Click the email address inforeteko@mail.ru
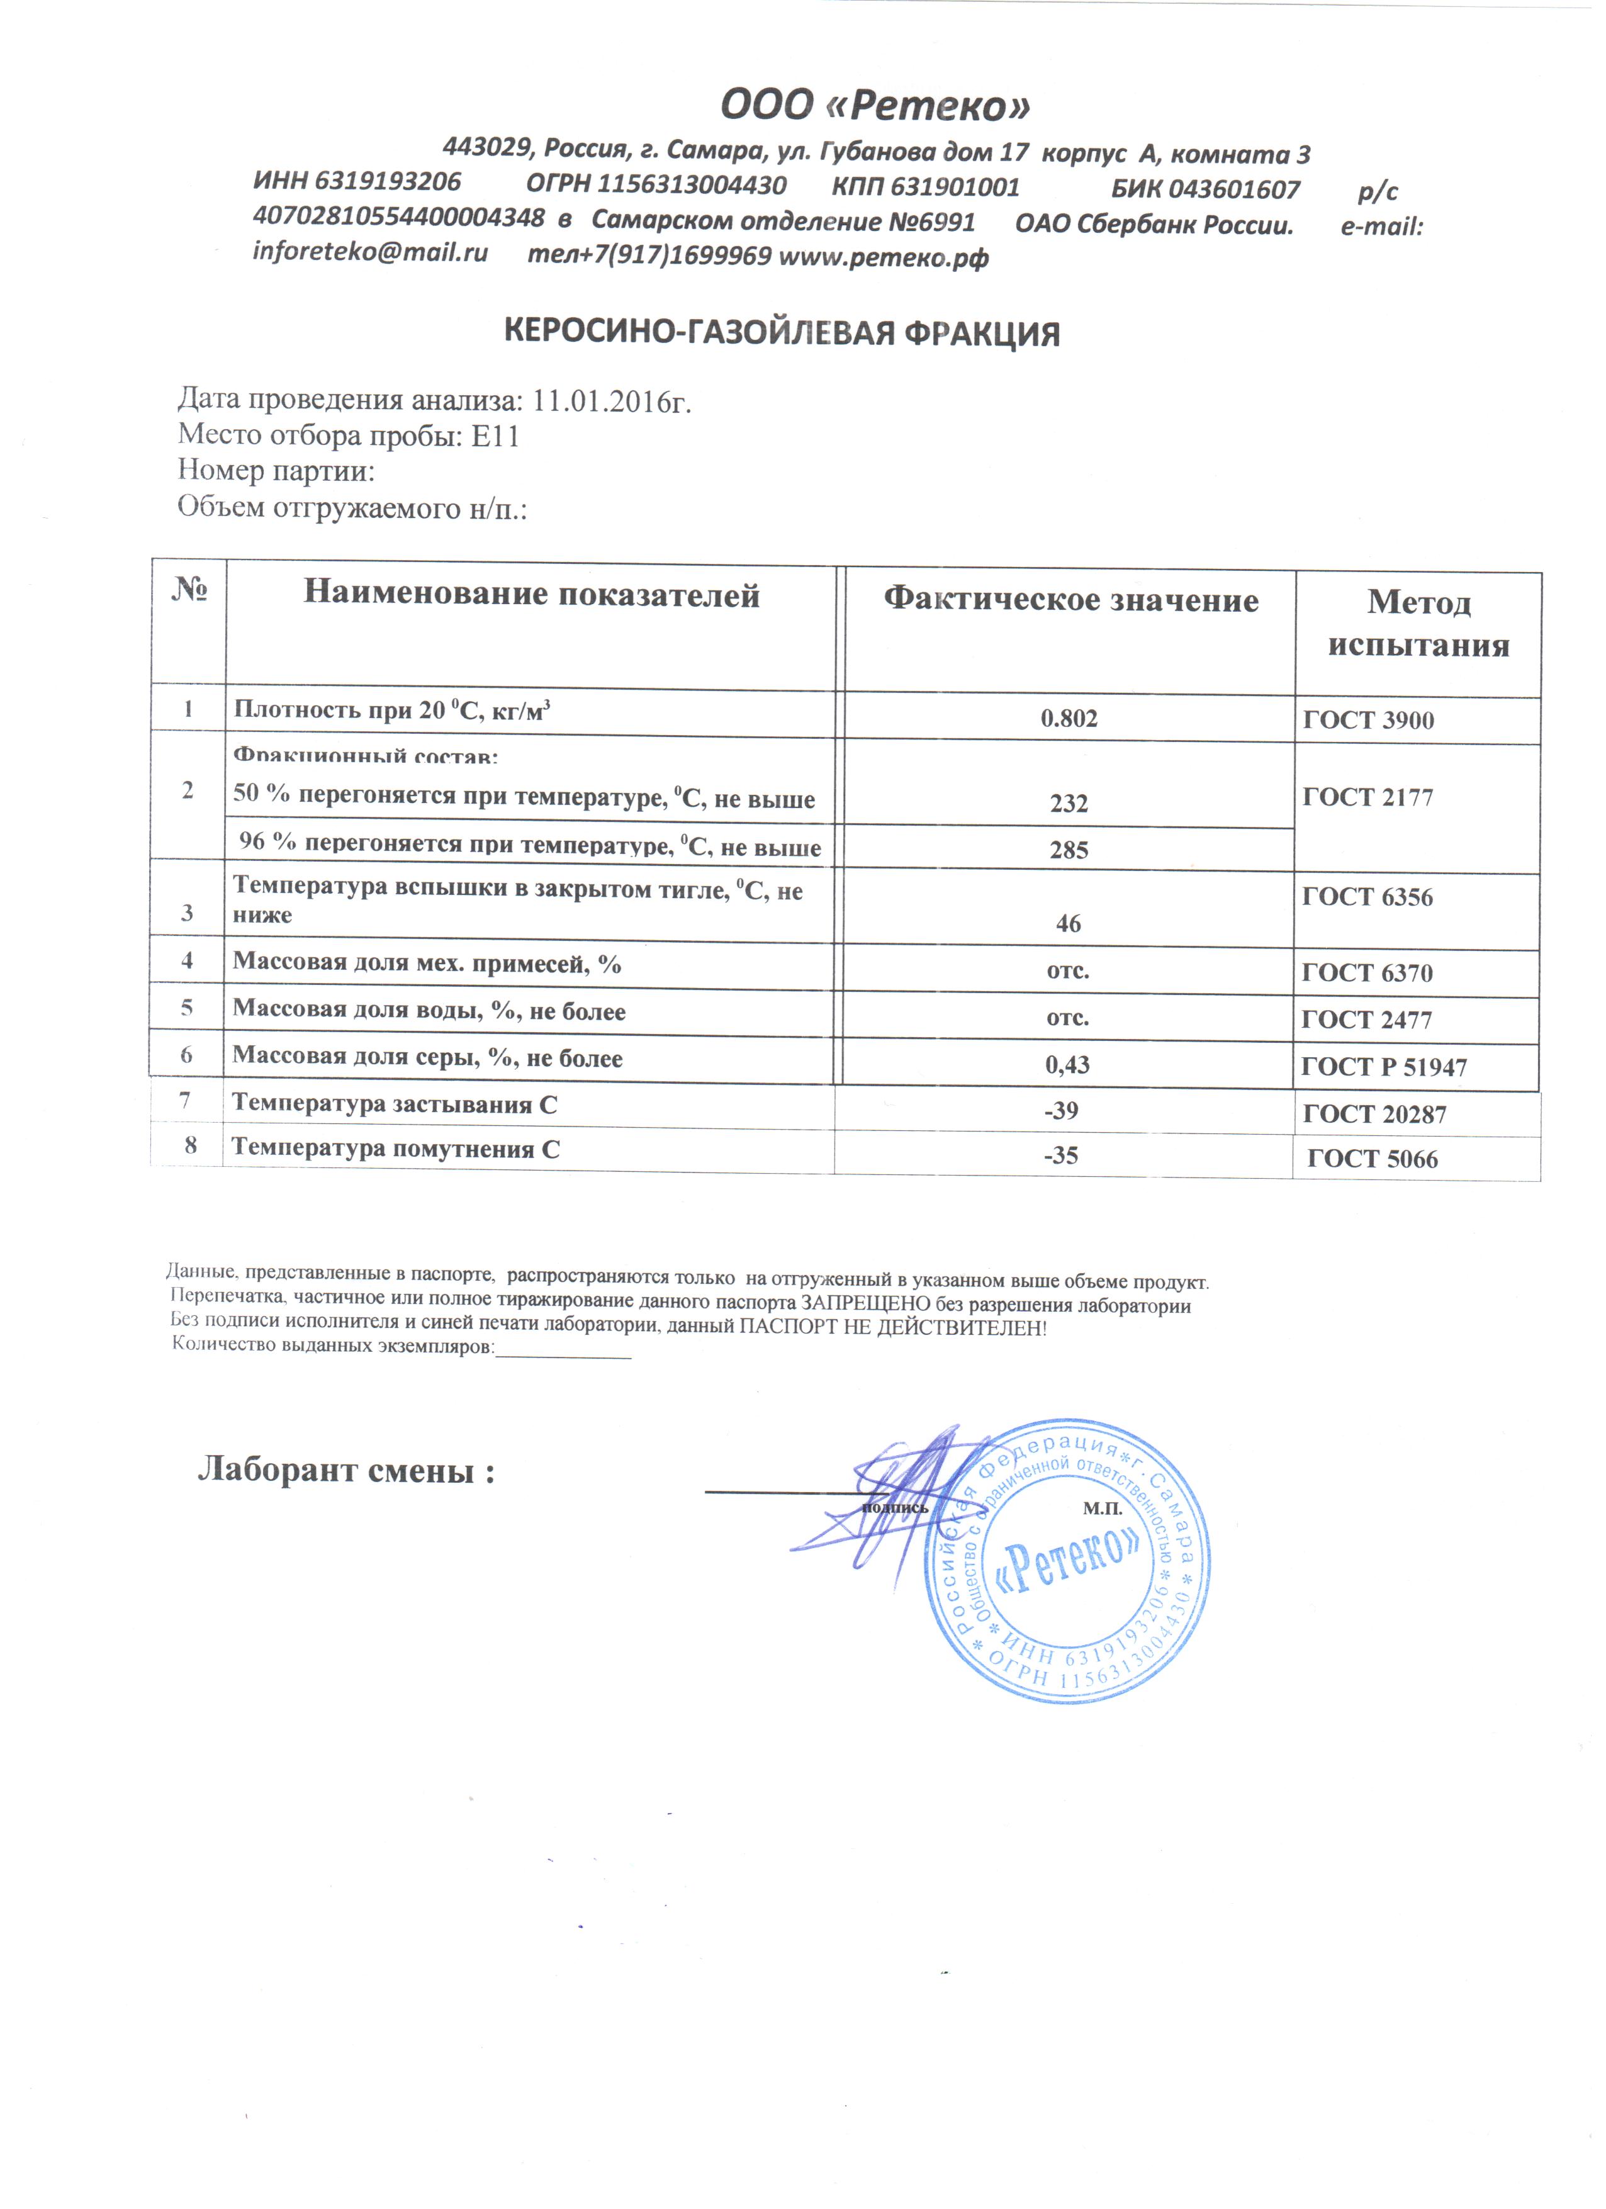click(x=370, y=252)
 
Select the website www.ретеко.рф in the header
click(x=884, y=257)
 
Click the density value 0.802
click(x=1069, y=719)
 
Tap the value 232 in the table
click(x=1069, y=804)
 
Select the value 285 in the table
click(x=1069, y=850)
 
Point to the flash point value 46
click(x=1069, y=923)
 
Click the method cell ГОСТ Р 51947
click(x=1383, y=1067)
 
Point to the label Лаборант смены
click(x=347, y=1471)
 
